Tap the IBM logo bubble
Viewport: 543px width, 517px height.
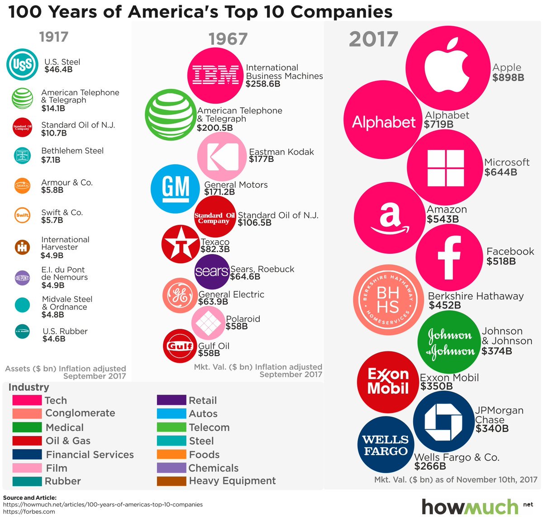pyautogui.click(x=214, y=75)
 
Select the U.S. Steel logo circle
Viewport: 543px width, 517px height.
pyautogui.click(x=22, y=65)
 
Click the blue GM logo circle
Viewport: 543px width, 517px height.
pyautogui.click(x=175, y=189)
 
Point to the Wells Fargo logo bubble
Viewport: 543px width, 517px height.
pyautogui.click(x=385, y=446)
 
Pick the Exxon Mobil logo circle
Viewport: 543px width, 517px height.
pyautogui.click(x=388, y=381)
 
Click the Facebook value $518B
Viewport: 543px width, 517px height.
pyautogui.click(x=501, y=261)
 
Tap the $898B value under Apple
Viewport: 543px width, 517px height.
pyautogui.click(x=508, y=78)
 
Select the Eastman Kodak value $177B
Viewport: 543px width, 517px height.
pyautogui.click(x=261, y=159)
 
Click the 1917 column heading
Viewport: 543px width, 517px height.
pyautogui.click(x=53, y=37)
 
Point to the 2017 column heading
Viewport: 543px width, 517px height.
pyautogui.click(x=373, y=40)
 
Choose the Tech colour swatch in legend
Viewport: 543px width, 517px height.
pyautogui.click(x=27, y=400)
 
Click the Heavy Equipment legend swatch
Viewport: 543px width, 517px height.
pyautogui.click(x=171, y=481)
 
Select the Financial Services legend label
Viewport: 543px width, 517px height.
pyautogui.click(x=90, y=455)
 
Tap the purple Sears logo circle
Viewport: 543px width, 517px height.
pyautogui.click(x=212, y=271)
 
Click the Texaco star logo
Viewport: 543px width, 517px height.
pyautogui.click(x=181, y=245)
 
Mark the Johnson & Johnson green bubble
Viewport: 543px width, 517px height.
pyautogui.click(x=449, y=342)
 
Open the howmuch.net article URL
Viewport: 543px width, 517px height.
pyautogui.click(x=103, y=504)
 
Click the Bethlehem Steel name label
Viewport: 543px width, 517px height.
pyautogui.click(x=72, y=151)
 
